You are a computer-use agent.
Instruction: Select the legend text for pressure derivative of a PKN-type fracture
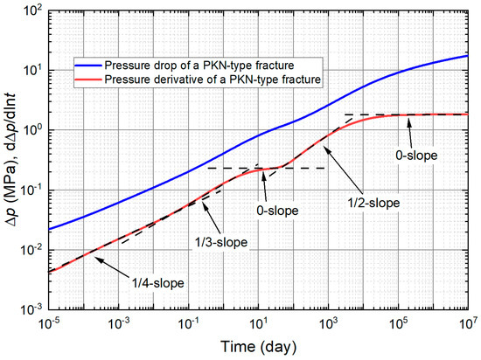click(x=211, y=80)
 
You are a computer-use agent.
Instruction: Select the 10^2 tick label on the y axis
click(x=28, y=10)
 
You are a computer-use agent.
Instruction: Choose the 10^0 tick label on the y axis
click(x=28, y=130)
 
